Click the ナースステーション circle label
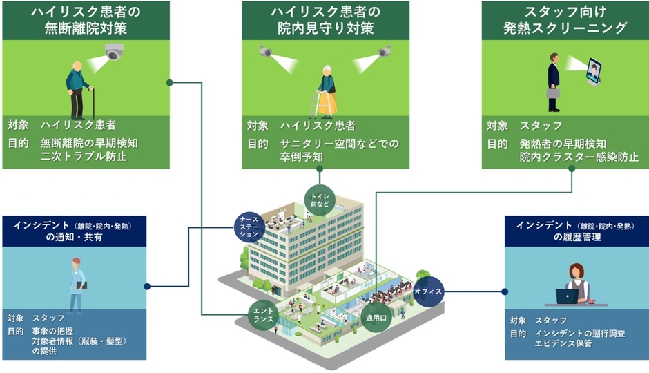tap(248, 225)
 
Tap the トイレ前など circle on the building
tap(320, 200)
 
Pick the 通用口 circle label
tap(376, 318)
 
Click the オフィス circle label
tap(427, 291)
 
